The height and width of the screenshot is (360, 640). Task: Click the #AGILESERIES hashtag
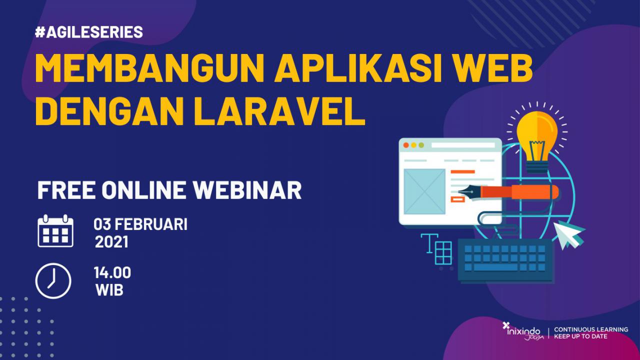click(89, 31)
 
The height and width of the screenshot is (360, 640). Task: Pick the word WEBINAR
click(247, 190)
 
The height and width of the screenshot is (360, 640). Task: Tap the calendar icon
click(55, 231)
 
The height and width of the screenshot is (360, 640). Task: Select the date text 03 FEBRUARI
click(140, 224)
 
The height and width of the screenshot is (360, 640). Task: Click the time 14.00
click(112, 272)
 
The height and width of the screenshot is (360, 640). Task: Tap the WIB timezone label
click(109, 290)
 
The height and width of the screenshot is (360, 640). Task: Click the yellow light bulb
click(537, 141)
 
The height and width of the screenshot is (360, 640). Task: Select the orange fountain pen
click(508, 192)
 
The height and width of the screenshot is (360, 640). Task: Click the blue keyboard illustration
click(505, 260)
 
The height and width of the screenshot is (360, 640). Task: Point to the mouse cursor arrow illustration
click(568, 235)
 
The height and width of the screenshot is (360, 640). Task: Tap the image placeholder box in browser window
click(424, 191)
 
